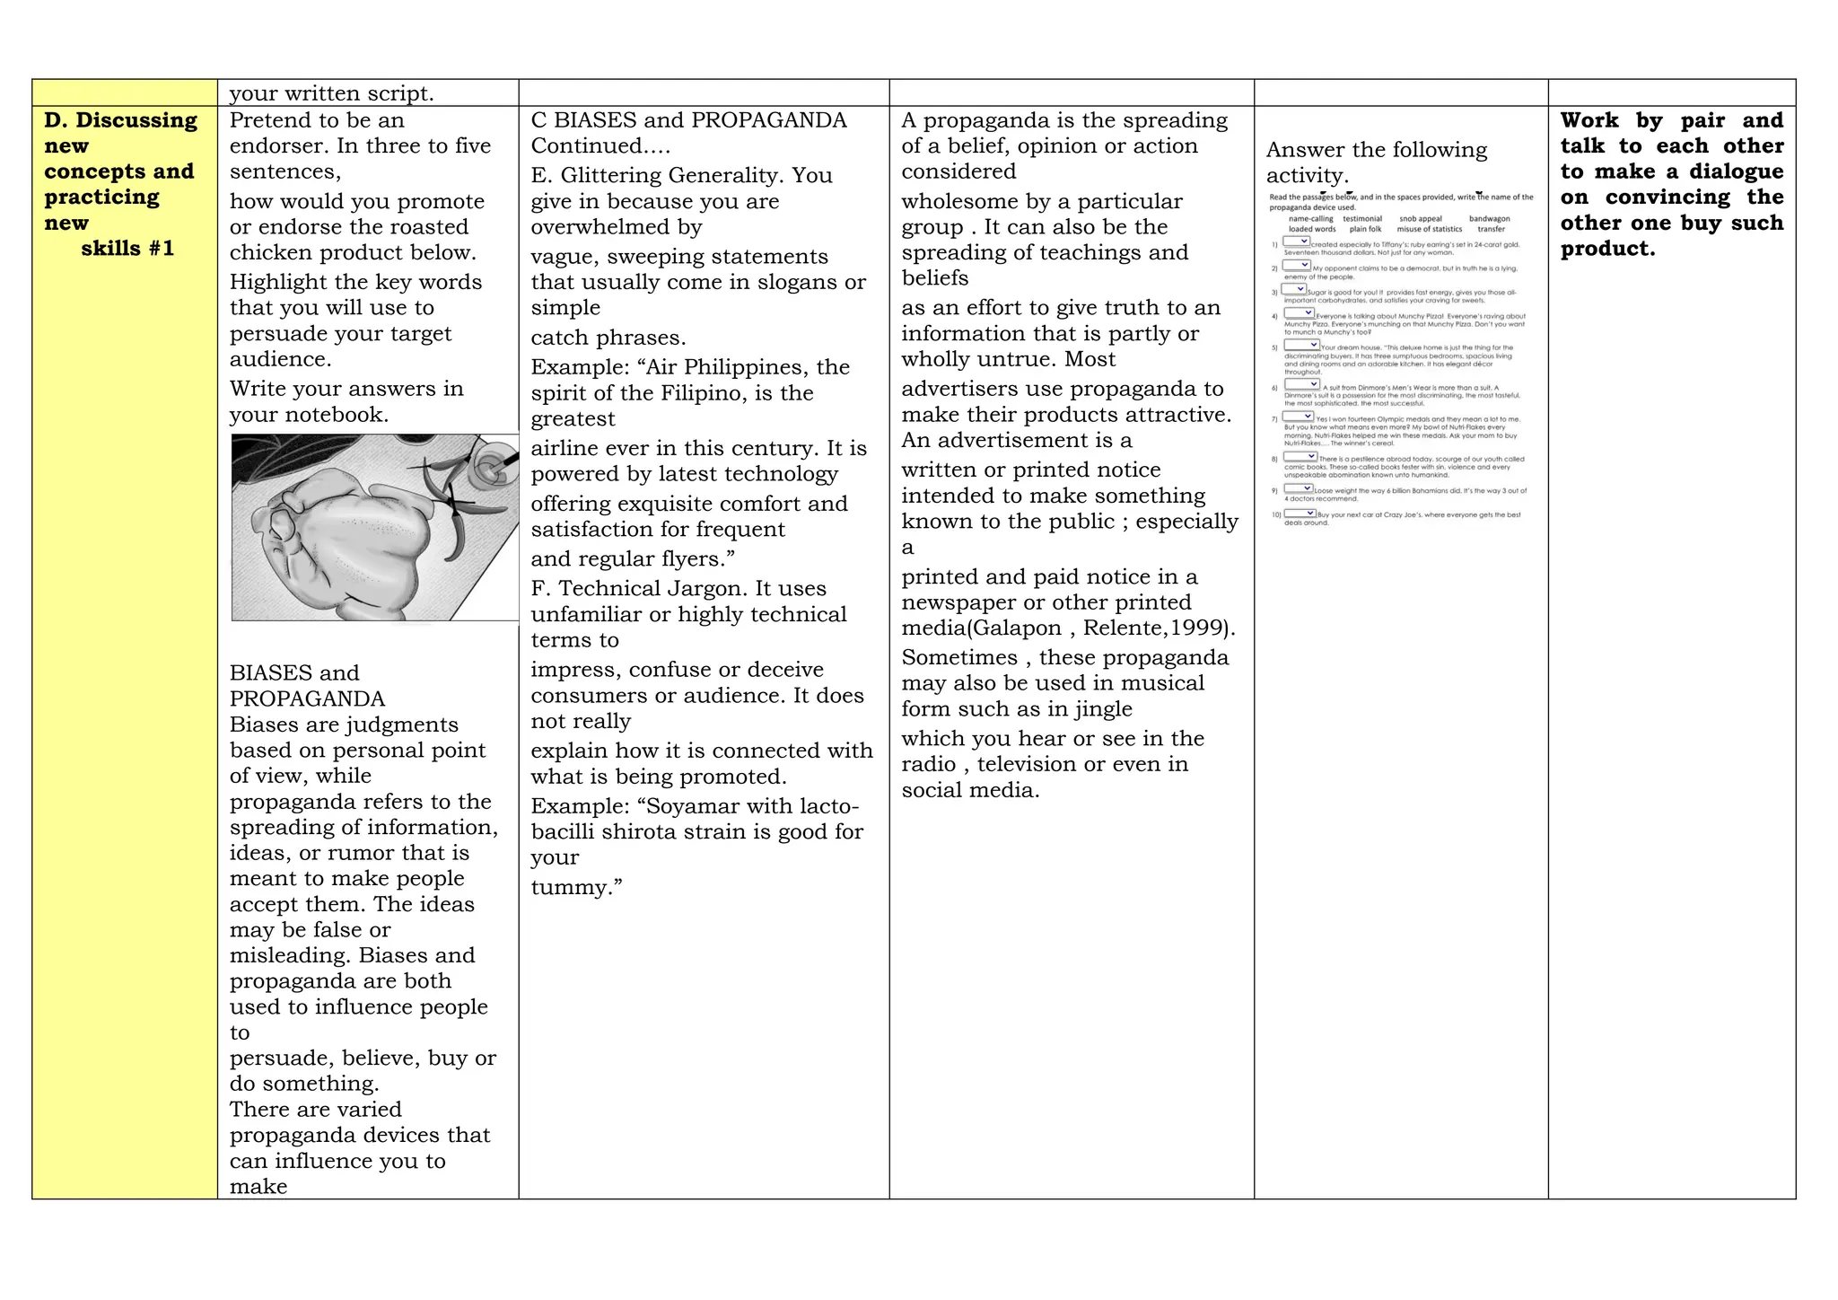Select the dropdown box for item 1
point(1296,242)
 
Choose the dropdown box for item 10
point(1299,514)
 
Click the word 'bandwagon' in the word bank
point(1489,219)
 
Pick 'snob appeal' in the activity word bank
point(1420,219)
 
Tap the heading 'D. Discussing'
point(120,120)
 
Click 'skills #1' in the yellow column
point(127,249)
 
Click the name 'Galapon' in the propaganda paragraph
point(1015,628)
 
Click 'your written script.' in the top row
point(331,93)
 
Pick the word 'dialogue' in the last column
point(1736,171)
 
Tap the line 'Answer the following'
point(1376,150)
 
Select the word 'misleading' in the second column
point(287,956)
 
